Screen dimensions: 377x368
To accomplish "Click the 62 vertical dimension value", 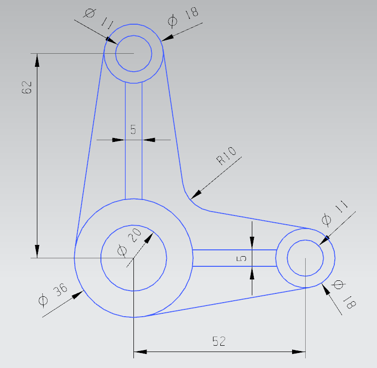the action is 27,87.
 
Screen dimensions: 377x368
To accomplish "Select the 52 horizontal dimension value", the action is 219,341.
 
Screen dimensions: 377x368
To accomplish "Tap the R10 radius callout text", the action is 226,156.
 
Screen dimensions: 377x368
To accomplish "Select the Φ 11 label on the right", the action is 334,213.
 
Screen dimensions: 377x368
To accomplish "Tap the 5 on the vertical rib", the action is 133,129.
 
